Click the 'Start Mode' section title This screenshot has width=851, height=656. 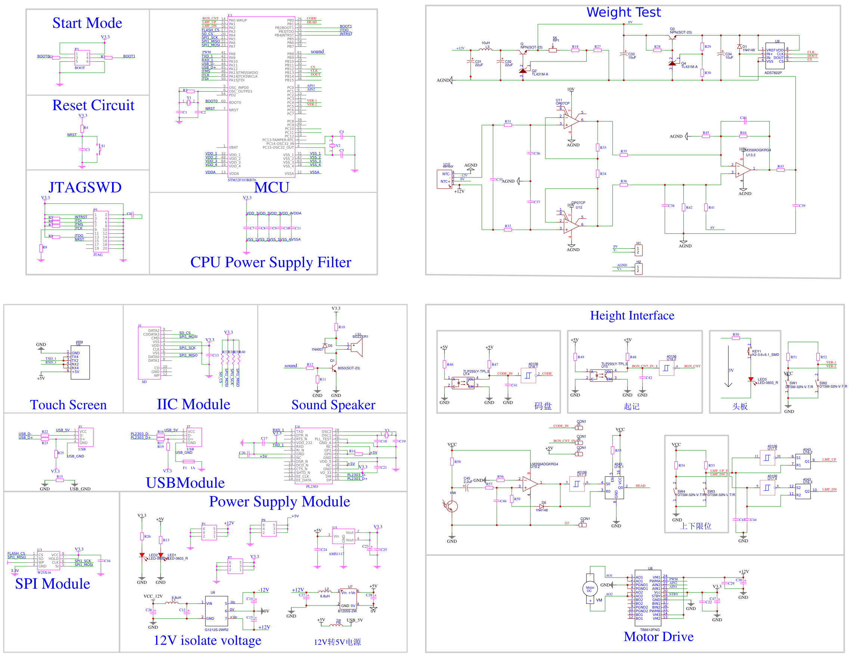point(87,23)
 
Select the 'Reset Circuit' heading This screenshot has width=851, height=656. point(93,105)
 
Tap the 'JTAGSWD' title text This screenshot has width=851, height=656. point(85,188)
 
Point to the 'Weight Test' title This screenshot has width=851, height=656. point(623,12)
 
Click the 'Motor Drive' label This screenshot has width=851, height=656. point(659,637)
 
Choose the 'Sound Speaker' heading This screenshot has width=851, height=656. point(333,405)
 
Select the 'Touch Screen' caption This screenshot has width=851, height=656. point(68,405)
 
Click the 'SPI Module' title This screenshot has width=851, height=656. point(53,583)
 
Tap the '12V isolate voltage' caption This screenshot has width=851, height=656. point(207,640)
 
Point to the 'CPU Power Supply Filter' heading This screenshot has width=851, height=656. point(270,262)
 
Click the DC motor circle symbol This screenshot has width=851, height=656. point(590,589)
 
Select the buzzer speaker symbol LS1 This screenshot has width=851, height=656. point(356,347)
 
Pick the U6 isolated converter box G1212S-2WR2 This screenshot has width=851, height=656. point(216,611)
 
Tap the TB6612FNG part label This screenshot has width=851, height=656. point(650,629)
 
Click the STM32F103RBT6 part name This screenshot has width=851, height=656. point(242,180)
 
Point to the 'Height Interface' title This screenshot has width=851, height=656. point(632,315)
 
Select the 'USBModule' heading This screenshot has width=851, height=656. point(185,483)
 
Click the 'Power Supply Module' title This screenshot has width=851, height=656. point(279,502)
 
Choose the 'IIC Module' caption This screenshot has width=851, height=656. point(193,404)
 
